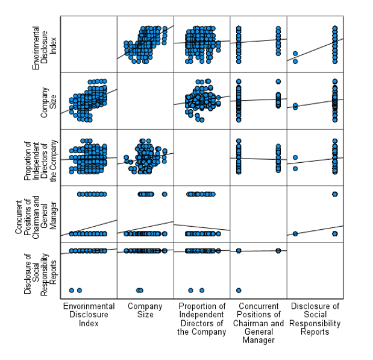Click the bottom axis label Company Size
pyautogui.click(x=145, y=310)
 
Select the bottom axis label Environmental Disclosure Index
pyautogui.click(x=89, y=314)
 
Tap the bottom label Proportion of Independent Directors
pyautogui.click(x=202, y=318)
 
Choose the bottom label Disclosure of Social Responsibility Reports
pyautogui.click(x=315, y=318)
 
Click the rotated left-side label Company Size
pyautogui.click(x=45, y=101)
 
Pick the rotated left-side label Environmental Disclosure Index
pyautogui.click(x=45, y=44)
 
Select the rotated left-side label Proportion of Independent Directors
pyautogui.click(x=36, y=157)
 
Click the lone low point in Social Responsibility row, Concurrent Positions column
pyautogui.click(x=239, y=290)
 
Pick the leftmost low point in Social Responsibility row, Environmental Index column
pyautogui.click(x=71, y=290)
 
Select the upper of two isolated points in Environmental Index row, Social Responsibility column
pyautogui.click(x=295, y=54)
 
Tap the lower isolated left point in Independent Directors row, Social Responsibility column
pyautogui.click(x=295, y=168)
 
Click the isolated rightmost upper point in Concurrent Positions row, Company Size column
pyautogui.click(x=165, y=194)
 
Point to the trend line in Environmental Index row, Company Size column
pyautogui.click(x=145, y=42)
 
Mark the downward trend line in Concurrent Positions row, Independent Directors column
pyautogui.click(x=202, y=227)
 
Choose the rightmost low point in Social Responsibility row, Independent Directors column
pyautogui.click(x=202, y=290)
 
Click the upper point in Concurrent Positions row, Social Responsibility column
pyautogui.click(x=335, y=194)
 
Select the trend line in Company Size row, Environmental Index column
pyautogui.click(x=89, y=101)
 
